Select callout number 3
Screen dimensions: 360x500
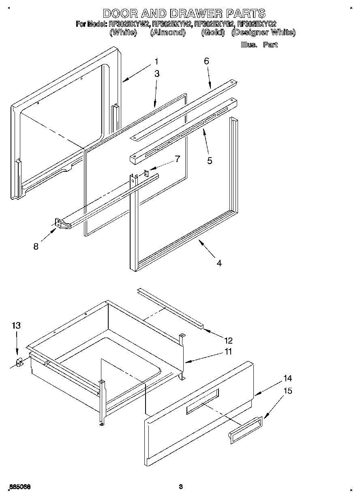pos(157,74)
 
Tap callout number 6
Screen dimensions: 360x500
pos(206,61)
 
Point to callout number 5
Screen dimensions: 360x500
pos(210,160)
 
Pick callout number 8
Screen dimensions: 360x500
pos(36,246)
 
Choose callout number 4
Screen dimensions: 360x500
pos(219,263)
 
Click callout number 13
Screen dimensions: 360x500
pos(16,325)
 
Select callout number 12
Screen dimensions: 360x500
pos(229,340)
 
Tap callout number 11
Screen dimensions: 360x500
pos(228,352)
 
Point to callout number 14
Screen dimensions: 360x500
pos(287,378)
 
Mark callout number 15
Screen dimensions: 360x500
pos(287,391)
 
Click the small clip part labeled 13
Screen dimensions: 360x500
pos(19,362)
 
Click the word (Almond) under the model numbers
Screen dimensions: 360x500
pos(167,33)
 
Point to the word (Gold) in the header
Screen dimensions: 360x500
pos(213,33)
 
